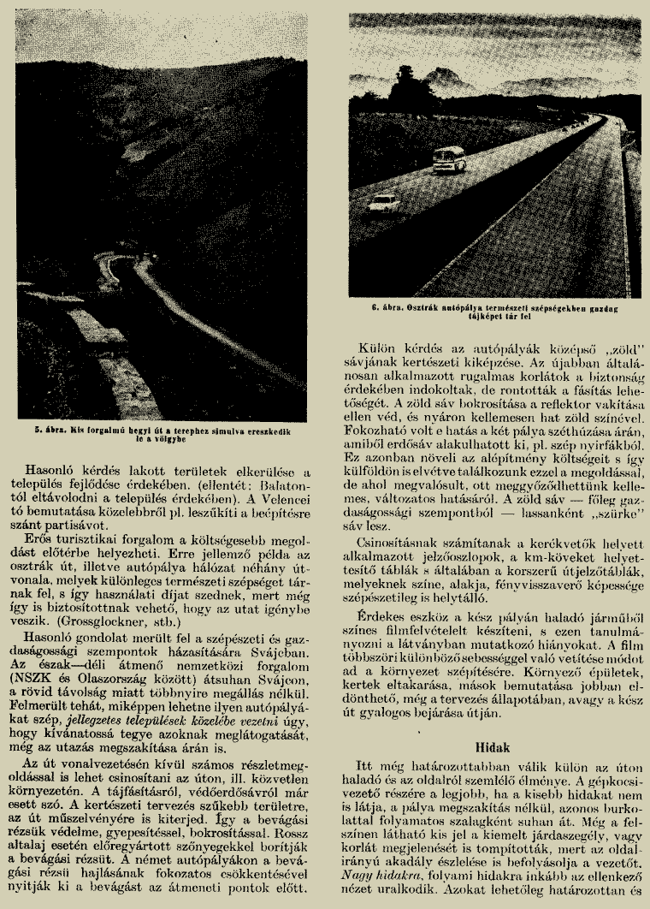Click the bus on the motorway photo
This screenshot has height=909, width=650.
click(450, 159)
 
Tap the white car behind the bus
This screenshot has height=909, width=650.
click(386, 204)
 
